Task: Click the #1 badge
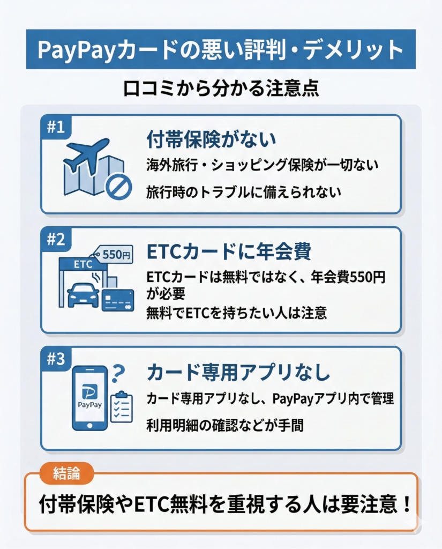[x=55, y=127]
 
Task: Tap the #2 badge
[x=55, y=240]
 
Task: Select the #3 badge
[x=55, y=359]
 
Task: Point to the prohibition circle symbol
[x=118, y=187]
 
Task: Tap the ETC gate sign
[x=83, y=265]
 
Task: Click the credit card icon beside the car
[x=118, y=300]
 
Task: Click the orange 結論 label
[x=67, y=473]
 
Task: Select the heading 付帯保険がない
[x=211, y=139]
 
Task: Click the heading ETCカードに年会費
[x=229, y=252]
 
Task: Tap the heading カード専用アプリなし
[x=238, y=372]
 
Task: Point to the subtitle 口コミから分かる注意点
[x=221, y=88]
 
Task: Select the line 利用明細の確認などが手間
[x=225, y=425]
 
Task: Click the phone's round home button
[x=89, y=426]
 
